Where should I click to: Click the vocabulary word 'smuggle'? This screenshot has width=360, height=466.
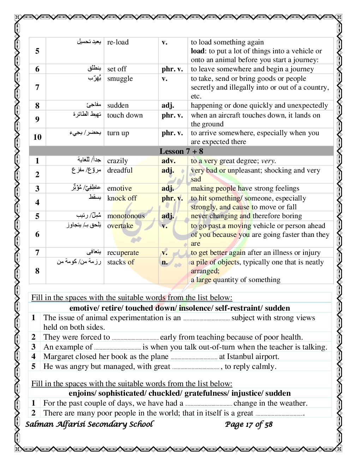[x=120, y=79]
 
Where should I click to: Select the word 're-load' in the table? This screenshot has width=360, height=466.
[x=118, y=42]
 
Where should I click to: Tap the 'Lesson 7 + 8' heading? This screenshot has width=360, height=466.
[x=181, y=151]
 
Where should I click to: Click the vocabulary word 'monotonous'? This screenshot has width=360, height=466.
[x=126, y=216]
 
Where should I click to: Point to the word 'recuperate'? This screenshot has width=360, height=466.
[x=123, y=253]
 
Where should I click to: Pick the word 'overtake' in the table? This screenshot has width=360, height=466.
[x=120, y=226]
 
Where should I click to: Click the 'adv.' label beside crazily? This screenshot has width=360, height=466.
[x=169, y=161]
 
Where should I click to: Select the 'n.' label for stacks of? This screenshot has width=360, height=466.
[x=165, y=262]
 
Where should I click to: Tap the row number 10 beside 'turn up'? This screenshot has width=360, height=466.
[x=37, y=137]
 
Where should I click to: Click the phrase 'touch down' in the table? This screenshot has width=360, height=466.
[x=125, y=115]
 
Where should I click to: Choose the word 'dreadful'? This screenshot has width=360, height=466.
[x=120, y=171]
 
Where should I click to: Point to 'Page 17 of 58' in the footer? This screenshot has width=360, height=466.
[x=249, y=424]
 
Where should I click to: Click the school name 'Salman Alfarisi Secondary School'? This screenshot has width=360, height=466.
[x=89, y=424]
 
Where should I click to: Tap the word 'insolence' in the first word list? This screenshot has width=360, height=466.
[x=195, y=308]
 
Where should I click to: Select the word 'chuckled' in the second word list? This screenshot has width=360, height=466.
[x=164, y=393]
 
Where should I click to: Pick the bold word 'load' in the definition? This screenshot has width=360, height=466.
[x=198, y=51]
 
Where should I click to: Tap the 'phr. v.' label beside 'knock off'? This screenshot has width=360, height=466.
[x=172, y=198]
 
